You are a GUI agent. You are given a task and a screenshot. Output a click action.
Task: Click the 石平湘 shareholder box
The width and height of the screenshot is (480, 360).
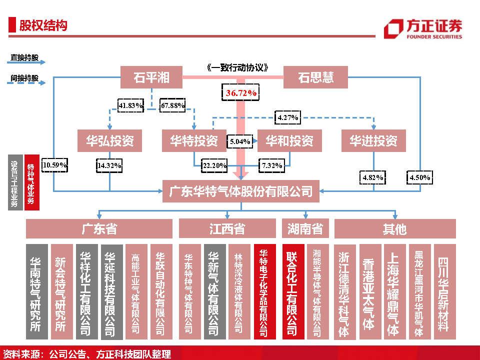[151, 77]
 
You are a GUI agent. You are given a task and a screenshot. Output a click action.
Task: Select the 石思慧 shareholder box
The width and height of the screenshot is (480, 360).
[315, 77]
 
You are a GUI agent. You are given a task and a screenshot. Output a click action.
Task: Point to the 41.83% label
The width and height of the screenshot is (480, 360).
[130, 105]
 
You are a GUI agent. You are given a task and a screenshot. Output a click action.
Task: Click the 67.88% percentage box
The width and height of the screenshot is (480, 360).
[172, 105]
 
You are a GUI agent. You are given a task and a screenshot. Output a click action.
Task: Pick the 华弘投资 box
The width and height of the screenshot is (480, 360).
[109, 140]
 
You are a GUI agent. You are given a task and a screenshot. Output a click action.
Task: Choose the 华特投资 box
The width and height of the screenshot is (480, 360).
[193, 140]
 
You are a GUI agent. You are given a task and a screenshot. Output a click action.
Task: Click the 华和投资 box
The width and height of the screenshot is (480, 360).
[289, 140]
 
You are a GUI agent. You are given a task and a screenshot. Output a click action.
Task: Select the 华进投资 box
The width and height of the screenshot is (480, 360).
[373, 140]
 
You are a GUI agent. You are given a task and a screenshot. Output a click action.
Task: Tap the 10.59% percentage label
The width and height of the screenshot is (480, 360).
[55, 165]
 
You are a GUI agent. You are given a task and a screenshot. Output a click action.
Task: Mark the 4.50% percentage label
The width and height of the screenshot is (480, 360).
[419, 177]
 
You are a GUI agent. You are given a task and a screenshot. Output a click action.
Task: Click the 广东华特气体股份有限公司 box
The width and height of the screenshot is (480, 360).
[240, 191]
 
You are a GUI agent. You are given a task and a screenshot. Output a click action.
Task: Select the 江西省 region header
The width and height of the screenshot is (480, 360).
[227, 229]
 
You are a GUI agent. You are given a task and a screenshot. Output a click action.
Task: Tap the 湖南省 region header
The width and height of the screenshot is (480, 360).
[305, 229]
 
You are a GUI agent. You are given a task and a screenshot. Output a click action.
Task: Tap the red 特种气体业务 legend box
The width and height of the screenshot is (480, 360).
[32, 183]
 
